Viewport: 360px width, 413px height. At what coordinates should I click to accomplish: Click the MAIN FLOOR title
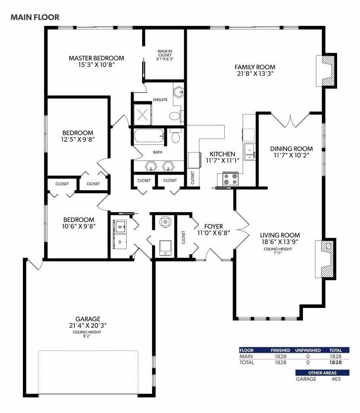coord(35,17)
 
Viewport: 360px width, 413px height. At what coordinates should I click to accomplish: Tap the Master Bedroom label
coord(96,58)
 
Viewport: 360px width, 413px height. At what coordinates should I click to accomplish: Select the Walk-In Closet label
coord(165,53)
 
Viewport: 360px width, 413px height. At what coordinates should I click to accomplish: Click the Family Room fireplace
coord(326,70)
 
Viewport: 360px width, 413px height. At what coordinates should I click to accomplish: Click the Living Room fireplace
coord(326,259)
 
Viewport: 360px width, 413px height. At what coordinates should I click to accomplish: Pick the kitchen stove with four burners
coord(230,179)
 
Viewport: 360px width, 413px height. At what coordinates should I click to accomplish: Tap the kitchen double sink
coord(249,152)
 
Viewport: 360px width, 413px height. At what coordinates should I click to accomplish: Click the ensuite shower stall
coord(142,115)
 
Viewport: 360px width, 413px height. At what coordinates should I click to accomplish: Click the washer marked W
coord(120,227)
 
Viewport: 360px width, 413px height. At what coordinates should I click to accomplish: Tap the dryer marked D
coord(120,242)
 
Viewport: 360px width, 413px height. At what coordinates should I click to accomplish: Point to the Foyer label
coord(213,226)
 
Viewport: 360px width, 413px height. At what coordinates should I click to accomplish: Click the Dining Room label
coord(291,149)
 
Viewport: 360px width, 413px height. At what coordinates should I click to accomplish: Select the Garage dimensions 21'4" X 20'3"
coord(88,326)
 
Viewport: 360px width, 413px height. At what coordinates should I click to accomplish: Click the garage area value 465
coord(336,379)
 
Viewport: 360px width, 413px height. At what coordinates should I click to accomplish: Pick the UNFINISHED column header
coord(308,350)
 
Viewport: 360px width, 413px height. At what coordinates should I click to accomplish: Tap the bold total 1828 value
coord(335,362)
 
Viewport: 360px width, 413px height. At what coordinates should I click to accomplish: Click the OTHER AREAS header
coord(322,373)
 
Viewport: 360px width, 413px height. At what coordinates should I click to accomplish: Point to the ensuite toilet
coord(174,115)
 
